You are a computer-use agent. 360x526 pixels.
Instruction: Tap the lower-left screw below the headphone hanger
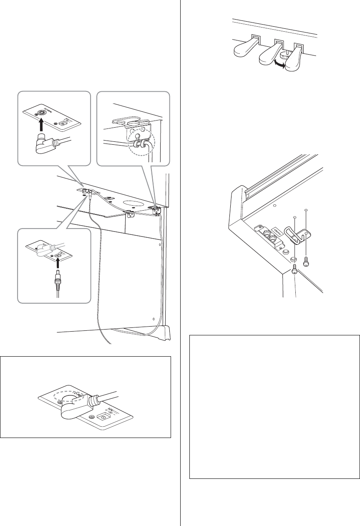pyautogui.click(x=295, y=269)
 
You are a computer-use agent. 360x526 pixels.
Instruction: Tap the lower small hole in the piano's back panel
pyautogui.click(x=154, y=319)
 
